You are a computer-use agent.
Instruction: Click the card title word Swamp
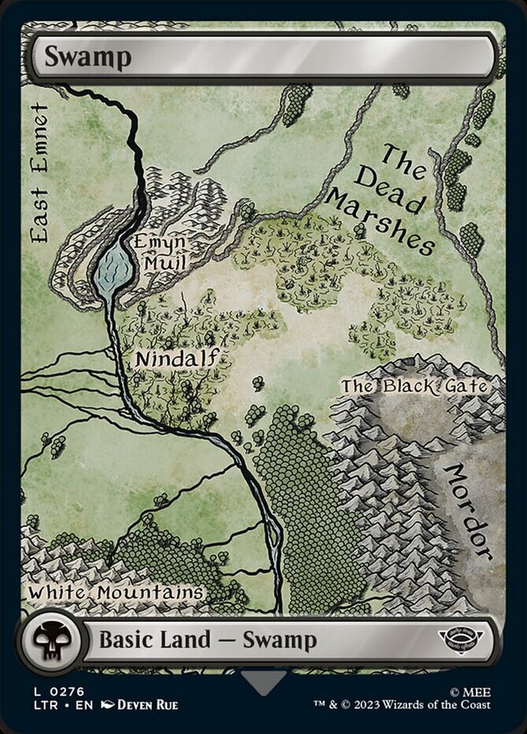tap(87, 57)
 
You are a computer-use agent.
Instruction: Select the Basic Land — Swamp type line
tap(207, 639)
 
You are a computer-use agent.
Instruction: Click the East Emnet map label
tap(39, 172)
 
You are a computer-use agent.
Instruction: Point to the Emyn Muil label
tap(160, 251)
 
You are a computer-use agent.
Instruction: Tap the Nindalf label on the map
tap(175, 359)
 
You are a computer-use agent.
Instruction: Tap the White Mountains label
tap(117, 592)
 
